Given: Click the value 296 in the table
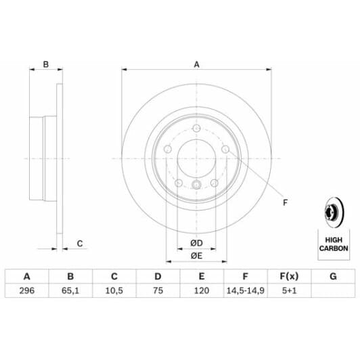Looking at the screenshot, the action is tap(27, 291).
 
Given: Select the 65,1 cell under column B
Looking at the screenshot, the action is tap(70, 291).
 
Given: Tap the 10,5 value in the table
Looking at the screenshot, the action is tap(114, 291).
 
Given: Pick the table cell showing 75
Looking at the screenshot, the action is tap(158, 291).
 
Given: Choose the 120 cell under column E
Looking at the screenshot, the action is tap(202, 291).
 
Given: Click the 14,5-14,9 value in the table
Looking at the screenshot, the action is tap(246, 291).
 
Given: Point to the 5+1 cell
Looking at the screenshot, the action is tap(290, 291).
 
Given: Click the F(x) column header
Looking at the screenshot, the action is tap(290, 276).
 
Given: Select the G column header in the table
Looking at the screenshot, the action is tap(333, 276).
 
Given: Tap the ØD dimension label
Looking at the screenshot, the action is tap(196, 243).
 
